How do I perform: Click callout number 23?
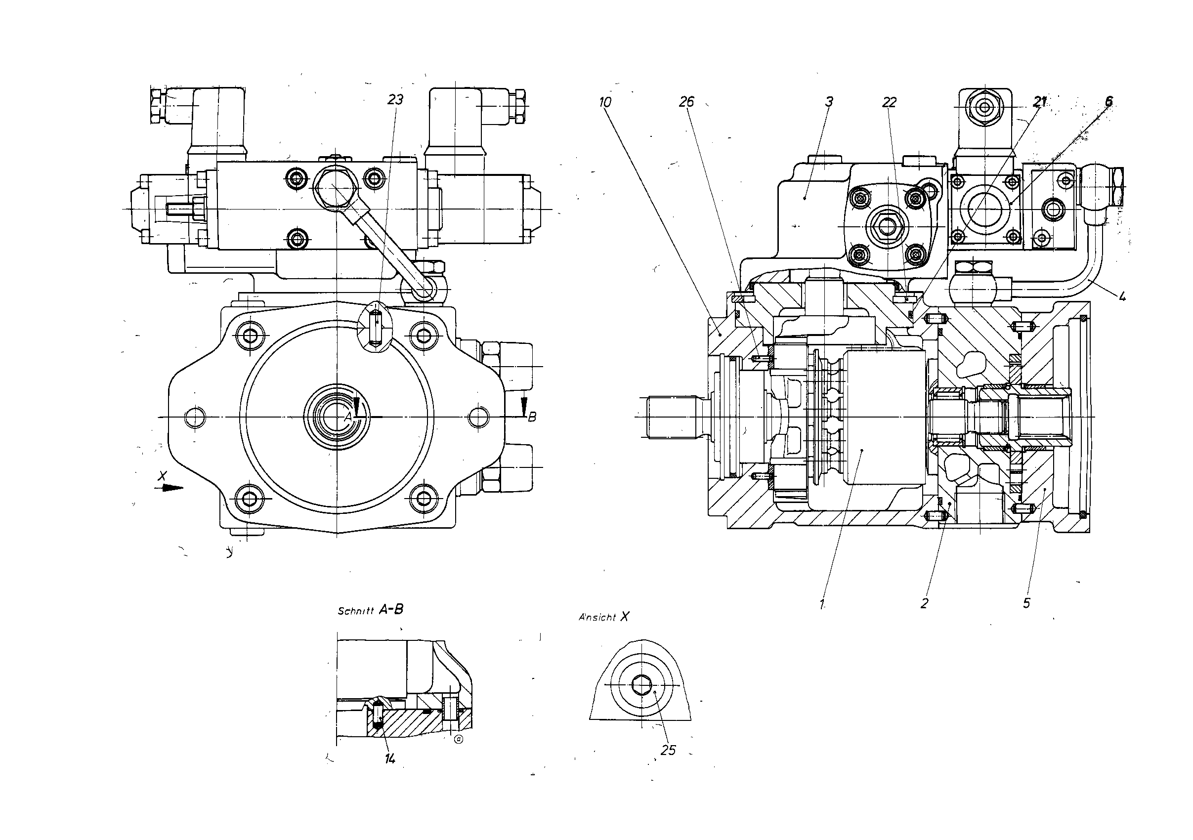[395, 100]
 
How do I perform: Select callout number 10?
[605, 102]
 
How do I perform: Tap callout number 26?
[686, 102]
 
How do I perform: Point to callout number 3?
[829, 102]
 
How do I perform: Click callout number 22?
[890, 102]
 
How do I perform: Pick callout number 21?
[1039, 102]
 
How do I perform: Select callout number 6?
[1109, 101]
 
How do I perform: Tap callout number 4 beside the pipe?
[1122, 296]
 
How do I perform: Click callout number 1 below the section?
[822, 604]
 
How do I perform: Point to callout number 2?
[924, 604]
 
